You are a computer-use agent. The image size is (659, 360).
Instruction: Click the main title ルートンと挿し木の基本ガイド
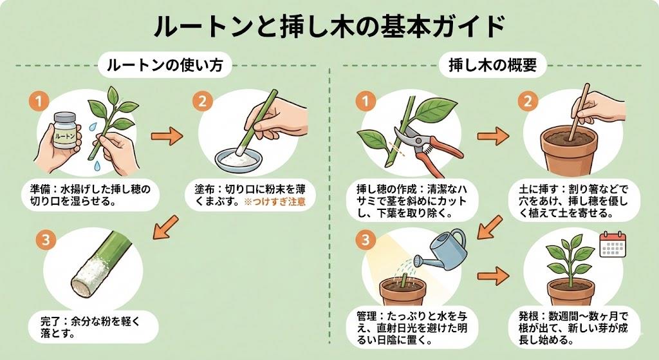click(329, 27)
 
